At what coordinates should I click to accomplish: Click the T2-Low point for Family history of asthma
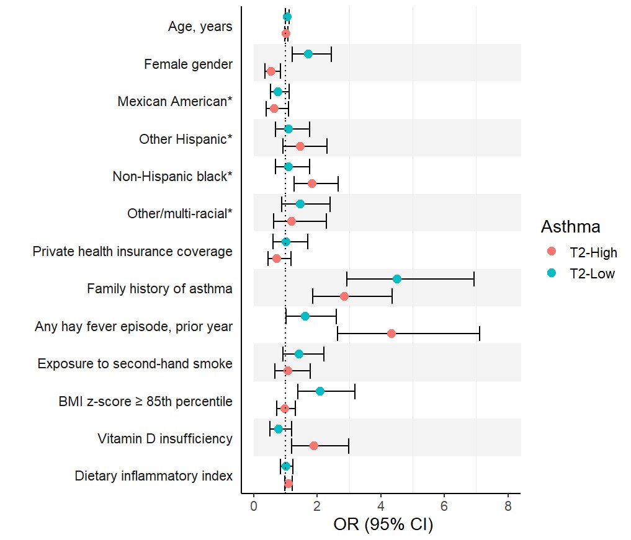[x=397, y=279]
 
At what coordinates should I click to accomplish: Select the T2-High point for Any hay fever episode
[x=392, y=334]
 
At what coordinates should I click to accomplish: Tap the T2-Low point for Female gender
[x=308, y=54]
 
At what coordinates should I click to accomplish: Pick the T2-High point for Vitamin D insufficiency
[x=314, y=446]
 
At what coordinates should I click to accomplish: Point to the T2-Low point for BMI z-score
[x=320, y=391]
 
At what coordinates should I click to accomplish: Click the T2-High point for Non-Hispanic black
[x=312, y=184]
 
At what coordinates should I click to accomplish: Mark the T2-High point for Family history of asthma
[x=344, y=296]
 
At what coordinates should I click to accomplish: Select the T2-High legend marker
[x=552, y=252]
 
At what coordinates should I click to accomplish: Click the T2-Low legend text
[x=592, y=273]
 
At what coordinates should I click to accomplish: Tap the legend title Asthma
[x=570, y=227]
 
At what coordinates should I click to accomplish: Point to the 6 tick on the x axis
[x=444, y=494]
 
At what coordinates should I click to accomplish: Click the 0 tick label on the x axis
[x=254, y=507]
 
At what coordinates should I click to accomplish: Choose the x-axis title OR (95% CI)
[x=383, y=525]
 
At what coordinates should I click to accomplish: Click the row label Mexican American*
[x=175, y=101]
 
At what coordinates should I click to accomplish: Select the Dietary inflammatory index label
[x=153, y=476]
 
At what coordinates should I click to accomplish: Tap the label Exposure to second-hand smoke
[x=135, y=363]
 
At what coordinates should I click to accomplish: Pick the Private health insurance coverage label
[x=132, y=251]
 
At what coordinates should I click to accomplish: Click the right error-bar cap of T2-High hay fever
[x=480, y=334]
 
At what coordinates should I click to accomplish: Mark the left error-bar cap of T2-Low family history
[x=347, y=279]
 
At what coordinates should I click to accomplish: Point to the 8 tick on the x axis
[x=508, y=494]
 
